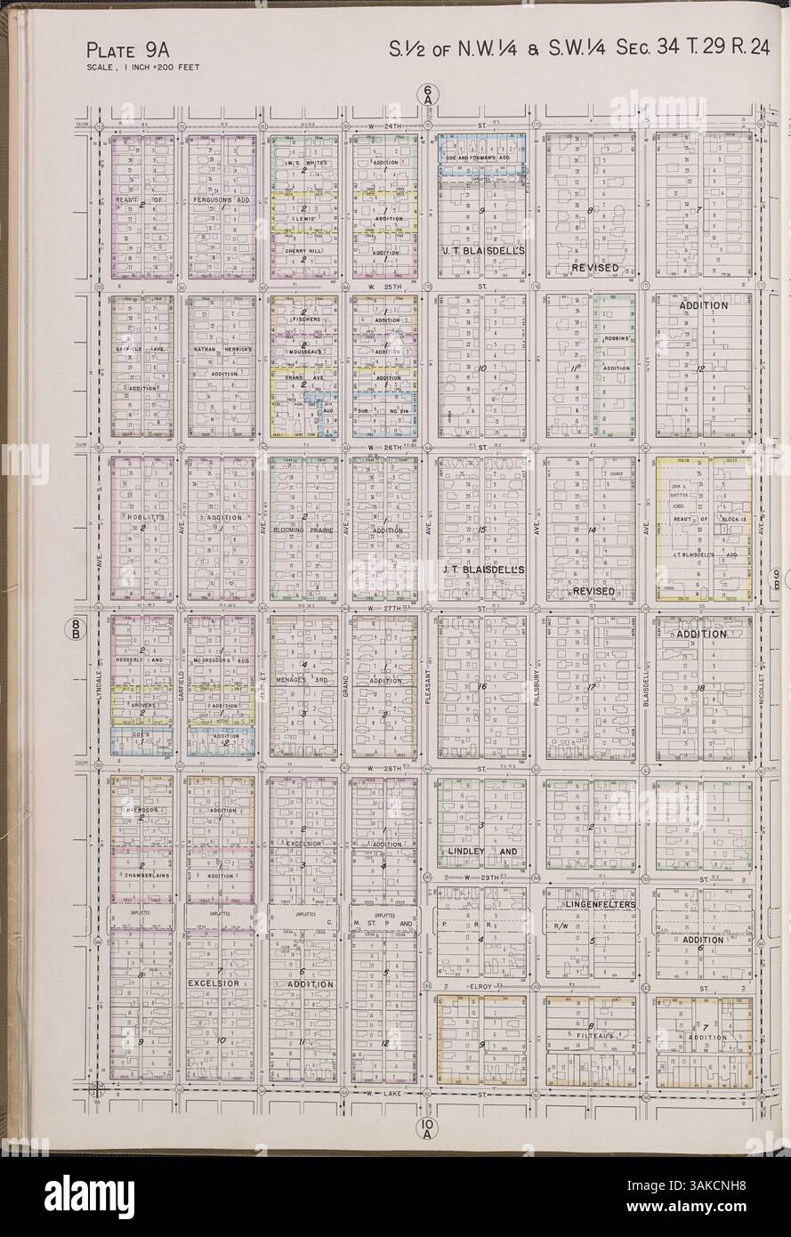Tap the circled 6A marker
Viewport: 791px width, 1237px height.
[x=428, y=92]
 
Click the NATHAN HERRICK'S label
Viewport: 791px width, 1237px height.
[x=220, y=350]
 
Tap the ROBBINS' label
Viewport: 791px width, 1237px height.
[x=616, y=339]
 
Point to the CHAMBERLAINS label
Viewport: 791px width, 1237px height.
[x=142, y=876]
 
